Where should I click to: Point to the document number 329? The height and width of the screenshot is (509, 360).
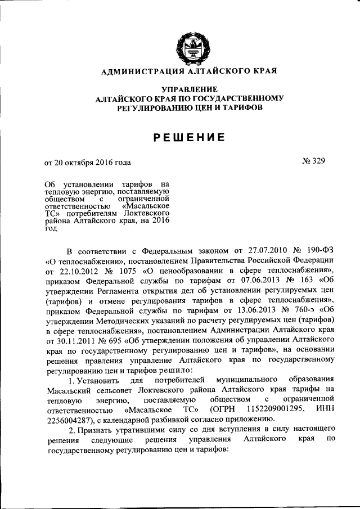coord(317,161)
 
